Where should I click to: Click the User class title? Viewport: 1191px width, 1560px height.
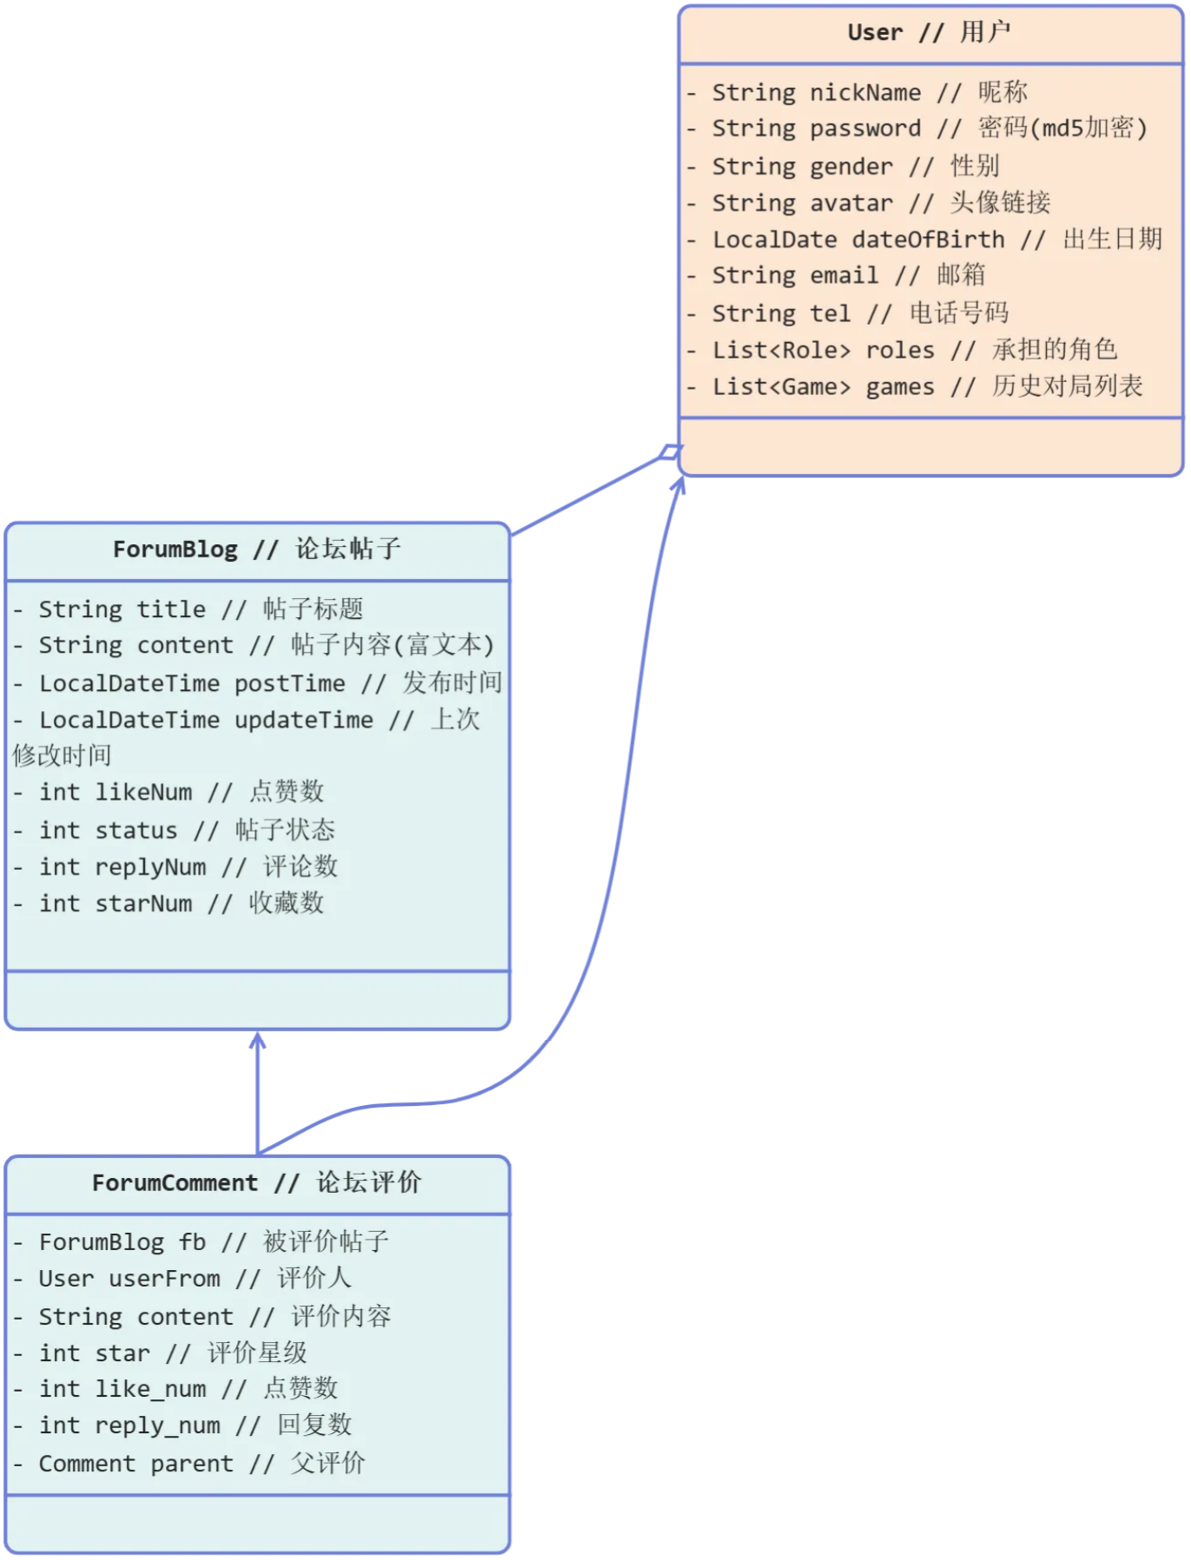tap(929, 33)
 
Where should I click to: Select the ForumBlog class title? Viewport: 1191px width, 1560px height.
tap(257, 550)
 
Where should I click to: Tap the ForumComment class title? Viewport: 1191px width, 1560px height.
tap(257, 1183)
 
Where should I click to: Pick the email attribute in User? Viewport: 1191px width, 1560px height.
tap(848, 275)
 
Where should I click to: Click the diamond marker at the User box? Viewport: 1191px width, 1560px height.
tap(670, 452)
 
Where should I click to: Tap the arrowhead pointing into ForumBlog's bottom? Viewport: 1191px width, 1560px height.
tap(258, 1041)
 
